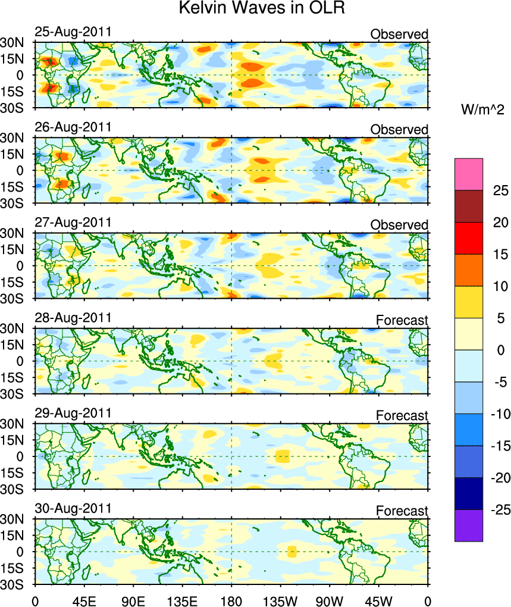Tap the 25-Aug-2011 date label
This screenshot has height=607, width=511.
(x=73, y=32)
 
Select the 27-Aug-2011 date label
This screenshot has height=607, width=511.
(x=73, y=223)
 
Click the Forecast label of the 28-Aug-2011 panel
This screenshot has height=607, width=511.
(x=402, y=321)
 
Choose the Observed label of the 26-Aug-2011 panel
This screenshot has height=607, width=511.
(x=399, y=130)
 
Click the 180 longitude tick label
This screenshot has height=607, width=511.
(x=231, y=596)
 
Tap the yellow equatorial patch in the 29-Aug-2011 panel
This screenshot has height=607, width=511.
(x=283, y=456)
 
